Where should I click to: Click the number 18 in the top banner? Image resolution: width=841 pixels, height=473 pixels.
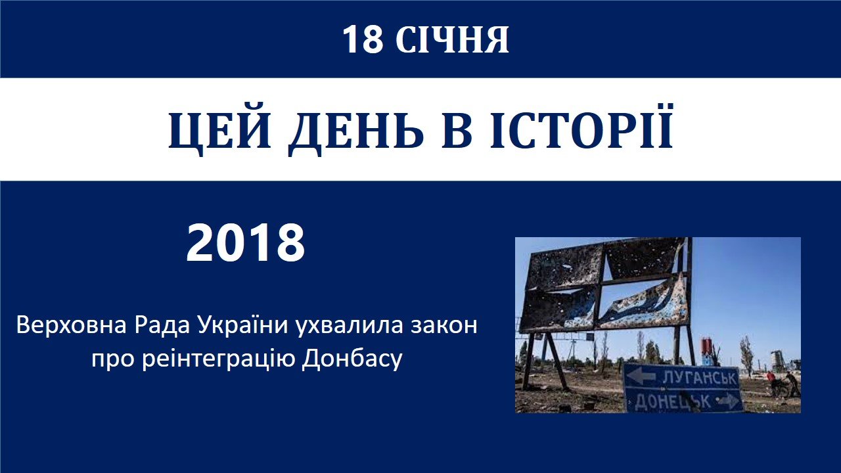[363, 39]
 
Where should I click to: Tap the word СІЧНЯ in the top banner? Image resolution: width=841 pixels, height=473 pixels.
[452, 39]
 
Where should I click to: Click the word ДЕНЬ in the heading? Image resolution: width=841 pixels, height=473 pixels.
[355, 129]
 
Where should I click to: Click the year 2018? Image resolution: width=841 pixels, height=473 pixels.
[246, 243]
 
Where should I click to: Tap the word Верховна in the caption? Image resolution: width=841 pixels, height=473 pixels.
[72, 325]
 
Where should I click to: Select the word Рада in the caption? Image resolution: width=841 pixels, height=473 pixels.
[162, 326]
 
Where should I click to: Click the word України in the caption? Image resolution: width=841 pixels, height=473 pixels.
[243, 326]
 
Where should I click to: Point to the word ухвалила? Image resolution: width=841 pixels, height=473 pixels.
[348, 326]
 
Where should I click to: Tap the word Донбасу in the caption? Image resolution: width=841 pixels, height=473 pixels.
[352, 359]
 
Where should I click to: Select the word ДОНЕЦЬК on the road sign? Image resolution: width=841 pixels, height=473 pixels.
[672, 401]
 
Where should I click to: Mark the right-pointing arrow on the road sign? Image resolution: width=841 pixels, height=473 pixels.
[727, 401]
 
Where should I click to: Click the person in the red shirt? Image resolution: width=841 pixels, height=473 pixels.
[771, 383]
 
